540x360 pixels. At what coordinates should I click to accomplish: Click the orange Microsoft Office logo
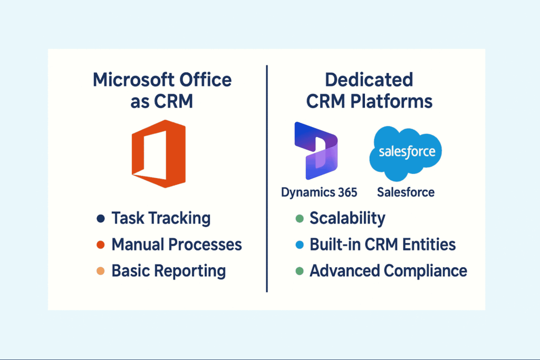[x=159, y=154]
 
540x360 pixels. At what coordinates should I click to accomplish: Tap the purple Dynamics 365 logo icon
[x=316, y=151]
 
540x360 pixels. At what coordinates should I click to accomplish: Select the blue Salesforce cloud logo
[x=406, y=153]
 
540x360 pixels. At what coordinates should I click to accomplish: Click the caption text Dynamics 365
[x=319, y=192]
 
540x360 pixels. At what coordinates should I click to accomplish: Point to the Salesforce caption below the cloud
[x=406, y=192]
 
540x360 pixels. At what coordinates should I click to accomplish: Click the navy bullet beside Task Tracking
[x=101, y=219]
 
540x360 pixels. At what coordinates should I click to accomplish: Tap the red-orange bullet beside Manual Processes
[x=101, y=245]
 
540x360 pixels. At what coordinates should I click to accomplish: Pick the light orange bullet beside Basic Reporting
[x=101, y=271]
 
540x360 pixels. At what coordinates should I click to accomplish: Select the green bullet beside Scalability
[x=300, y=219]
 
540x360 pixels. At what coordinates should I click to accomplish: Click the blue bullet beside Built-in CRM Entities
[x=300, y=245]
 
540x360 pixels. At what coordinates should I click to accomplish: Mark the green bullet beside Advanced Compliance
[x=300, y=271]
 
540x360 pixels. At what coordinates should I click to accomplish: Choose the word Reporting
[x=190, y=271]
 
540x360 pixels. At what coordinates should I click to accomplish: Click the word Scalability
[x=348, y=219]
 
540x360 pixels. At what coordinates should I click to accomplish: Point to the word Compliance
[x=426, y=271]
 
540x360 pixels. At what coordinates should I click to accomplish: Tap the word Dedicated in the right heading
[x=369, y=80]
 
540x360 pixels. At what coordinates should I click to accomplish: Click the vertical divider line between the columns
[x=267, y=179]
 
